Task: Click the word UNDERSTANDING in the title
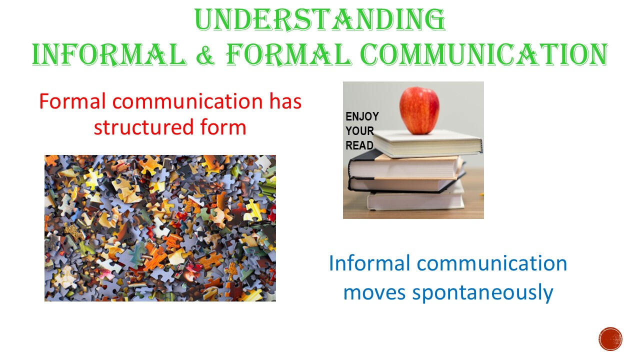pos(319,19)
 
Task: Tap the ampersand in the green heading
pos(205,54)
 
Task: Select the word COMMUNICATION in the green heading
pos(484,54)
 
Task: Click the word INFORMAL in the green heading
pos(109,54)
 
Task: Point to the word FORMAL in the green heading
pos(288,54)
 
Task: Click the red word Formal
pos(72,101)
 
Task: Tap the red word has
pos(285,101)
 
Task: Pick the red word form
pos(223,127)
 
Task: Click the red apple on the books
pos(419,110)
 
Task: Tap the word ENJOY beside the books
pos(362,116)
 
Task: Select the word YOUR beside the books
pos(359,131)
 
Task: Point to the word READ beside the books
pos(359,145)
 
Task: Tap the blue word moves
pos(374,293)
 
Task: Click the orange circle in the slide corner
pos(610,339)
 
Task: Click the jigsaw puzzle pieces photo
pos(160,228)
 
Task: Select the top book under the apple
pos(428,143)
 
